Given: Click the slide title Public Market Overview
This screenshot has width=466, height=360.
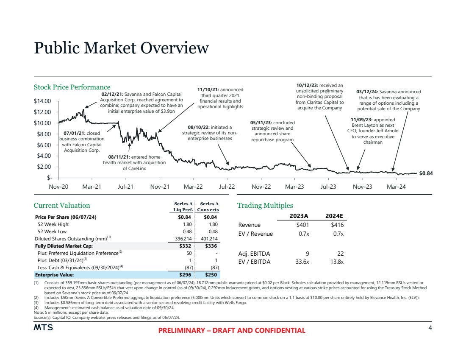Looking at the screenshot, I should click(x=121, y=48).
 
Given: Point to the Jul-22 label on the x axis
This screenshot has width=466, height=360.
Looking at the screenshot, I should click(x=227, y=187).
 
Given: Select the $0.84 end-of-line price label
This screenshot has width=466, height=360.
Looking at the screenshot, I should click(x=426, y=173).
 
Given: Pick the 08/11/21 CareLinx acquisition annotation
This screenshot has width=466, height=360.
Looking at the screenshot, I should click(x=134, y=163).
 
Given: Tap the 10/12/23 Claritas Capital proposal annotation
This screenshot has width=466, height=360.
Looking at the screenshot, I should click(x=319, y=97).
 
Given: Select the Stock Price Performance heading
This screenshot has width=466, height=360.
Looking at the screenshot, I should click(x=72, y=87).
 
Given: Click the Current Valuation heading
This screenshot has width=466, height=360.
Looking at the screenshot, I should click(x=62, y=206).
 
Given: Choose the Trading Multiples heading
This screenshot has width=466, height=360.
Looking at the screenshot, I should click(x=265, y=206).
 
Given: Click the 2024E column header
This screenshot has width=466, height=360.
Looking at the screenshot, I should click(x=334, y=215).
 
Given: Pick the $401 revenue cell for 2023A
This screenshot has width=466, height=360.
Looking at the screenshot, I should click(x=302, y=225).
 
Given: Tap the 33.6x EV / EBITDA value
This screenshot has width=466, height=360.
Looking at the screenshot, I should click(x=302, y=262).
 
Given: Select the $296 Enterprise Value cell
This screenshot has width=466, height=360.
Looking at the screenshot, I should click(x=186, y=275).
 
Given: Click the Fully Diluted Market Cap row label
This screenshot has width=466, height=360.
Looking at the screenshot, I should click(x=64, y=246).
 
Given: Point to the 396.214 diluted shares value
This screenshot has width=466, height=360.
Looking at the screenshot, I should click(x=184, y=239).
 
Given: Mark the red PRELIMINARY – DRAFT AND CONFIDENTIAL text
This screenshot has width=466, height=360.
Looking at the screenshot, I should click(x=232, y=330).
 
